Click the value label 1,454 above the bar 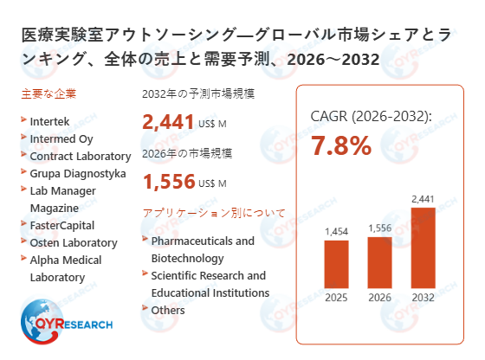pyautogui.click(x=336, y=232)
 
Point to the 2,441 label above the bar pyautogui.click(x=423, y=199)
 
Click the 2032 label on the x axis pyautogui.click(x=423, y=299)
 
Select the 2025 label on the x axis pyautogui.click(x=336, y=299)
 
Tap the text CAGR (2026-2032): pyautogui.click(x=371, y=116)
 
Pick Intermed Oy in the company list pyautogui.click(x=61, y=138)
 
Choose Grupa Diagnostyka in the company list pyautogui.click(x=77, y=173)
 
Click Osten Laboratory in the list pyautogui.click(x=73, y=242)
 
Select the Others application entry pyautogui.click(x=168, y=309)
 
